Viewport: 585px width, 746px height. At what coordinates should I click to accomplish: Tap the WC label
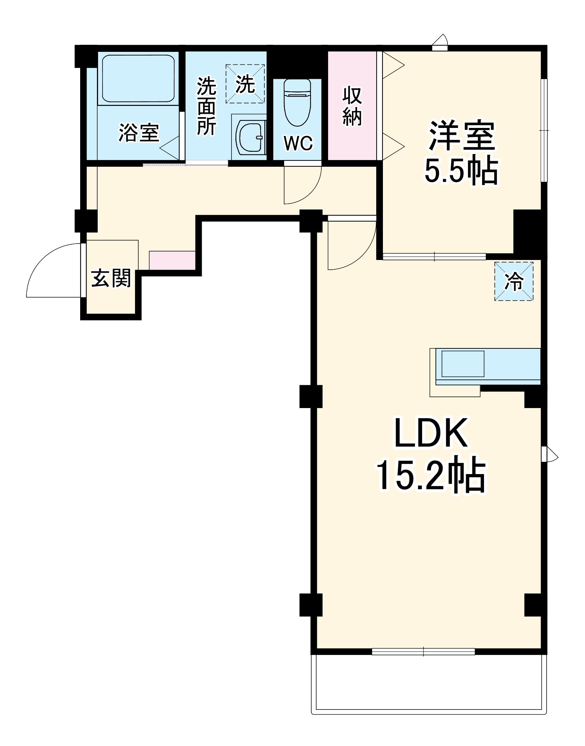coord(298,143)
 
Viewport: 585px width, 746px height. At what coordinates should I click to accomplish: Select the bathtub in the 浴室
coord(138,78)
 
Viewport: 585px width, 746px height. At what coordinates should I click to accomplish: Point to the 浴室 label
coord(139,132)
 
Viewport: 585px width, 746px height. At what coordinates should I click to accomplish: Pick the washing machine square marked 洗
coord(245,84)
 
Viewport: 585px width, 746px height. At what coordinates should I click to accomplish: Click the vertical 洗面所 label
coord(206,106)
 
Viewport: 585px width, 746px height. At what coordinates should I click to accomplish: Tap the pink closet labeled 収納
coord(352,106)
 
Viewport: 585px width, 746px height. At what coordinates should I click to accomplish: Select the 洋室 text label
coord(462,135)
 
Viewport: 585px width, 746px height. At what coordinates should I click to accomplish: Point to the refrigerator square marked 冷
coord(514,281)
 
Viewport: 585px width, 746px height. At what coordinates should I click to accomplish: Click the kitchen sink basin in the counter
coord(463,364)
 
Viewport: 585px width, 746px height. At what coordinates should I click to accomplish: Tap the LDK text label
coord(431,433)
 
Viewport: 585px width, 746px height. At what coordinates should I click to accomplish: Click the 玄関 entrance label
coord(111,278)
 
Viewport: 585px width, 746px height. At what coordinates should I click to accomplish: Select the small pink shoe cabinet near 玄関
coord(172,260)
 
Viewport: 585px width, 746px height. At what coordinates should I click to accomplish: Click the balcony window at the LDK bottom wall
coord(423,652)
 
